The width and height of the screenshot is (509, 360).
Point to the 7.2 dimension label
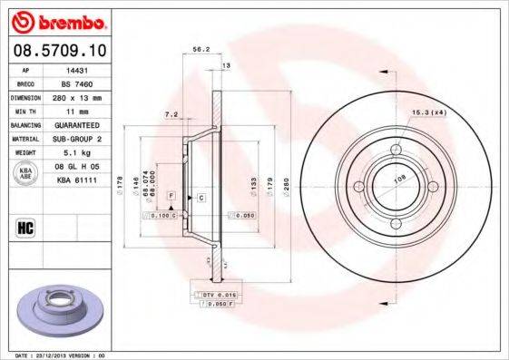[x=171, y=115]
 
